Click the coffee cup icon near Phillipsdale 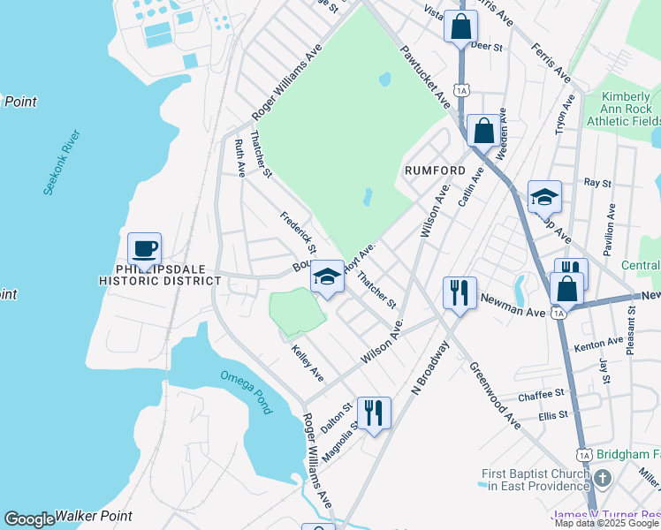tap(144, 248)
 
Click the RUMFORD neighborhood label tap(435, 170)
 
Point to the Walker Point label tap(93, 516)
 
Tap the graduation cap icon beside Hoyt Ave tap(326, 277)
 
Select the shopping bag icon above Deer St tap(460, 26)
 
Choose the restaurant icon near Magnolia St tap(374, 412)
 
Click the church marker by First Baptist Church tap(603, 479)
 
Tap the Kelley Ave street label tap(308, 363)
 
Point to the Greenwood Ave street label tap(495, 394)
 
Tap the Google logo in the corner tap(28, 519)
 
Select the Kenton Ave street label tap(597, 343)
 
